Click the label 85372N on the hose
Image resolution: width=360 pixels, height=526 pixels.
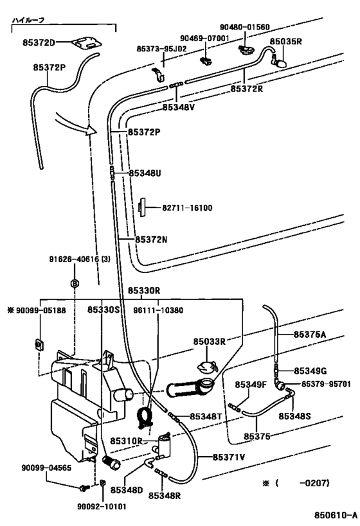pos(151,240)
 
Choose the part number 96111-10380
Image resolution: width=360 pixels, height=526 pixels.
pos(158,310)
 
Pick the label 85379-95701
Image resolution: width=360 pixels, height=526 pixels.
pos(327,383)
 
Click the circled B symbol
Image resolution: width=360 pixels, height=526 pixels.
pos(75,283)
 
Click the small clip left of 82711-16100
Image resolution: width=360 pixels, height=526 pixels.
pos(140,207)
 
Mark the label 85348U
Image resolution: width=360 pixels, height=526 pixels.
pos(145,173)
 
